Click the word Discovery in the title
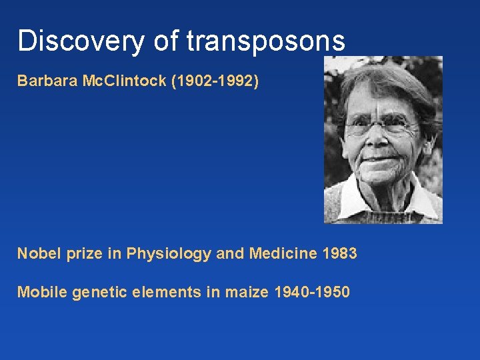[x=79, y=41]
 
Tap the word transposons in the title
[x=266, y=41]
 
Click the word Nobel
[x=37, y=253]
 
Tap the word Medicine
[x=282, y=253]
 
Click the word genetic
[x=97, y=291]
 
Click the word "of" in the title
[x=165, y=41]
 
